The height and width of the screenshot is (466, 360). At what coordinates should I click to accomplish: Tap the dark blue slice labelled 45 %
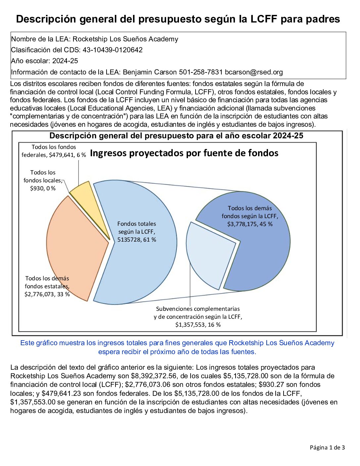(261, 252)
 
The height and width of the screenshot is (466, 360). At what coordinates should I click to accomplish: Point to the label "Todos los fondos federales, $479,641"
(54, 151)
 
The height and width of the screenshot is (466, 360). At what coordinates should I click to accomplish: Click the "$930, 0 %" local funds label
(43, 188)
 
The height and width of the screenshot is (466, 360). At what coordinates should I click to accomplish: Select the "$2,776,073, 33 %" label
(47, 294)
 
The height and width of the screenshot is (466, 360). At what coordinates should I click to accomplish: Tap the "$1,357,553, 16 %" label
(198, 325)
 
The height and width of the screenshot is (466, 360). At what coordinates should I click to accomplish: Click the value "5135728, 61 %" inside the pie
(137, 240)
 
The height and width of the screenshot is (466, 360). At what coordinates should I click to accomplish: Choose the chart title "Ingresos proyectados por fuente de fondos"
(184, 153)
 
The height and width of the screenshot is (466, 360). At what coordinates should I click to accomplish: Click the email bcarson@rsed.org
(254, 72)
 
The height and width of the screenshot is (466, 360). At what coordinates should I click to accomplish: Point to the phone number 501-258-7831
(201, 72)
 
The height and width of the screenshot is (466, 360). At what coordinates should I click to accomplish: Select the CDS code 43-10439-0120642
(112, 50)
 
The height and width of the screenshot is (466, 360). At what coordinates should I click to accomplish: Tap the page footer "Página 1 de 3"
(327, 447)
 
